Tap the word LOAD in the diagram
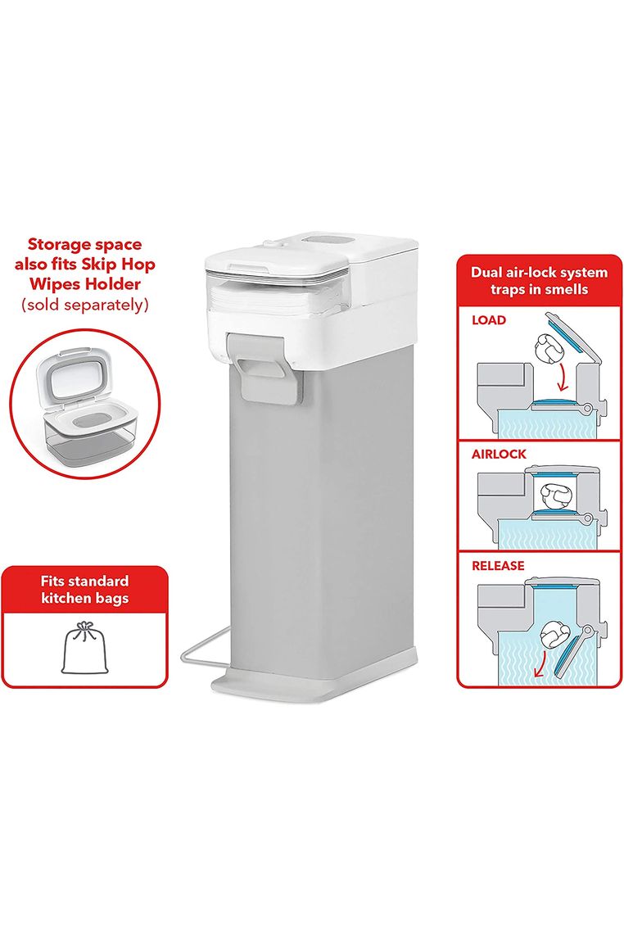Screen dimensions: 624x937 [x=488, y=319]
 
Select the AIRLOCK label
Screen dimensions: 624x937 [x=499, y=454]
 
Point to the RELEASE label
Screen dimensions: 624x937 [x=498, y=565]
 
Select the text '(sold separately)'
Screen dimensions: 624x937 [x=84, y=304]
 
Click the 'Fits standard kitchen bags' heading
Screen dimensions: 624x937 [x=85, y=589]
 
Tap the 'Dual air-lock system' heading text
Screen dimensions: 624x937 [x=539, y=273]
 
